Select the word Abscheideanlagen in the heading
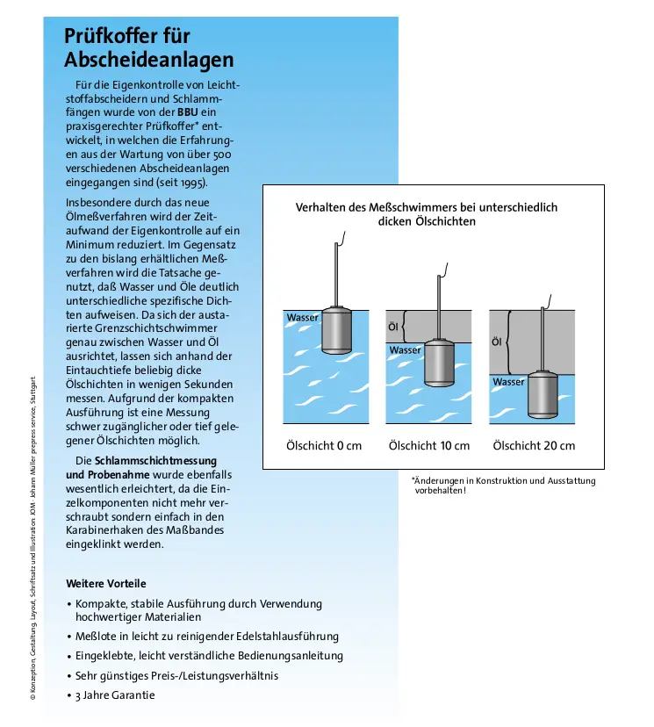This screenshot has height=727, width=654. tap(149, 60)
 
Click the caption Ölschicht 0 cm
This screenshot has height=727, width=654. tap(324, 445)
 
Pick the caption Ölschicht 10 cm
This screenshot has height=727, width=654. tap(429, 445)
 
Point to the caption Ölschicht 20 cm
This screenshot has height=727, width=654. tap(534, 445)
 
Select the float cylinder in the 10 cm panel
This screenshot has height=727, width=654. tap(440, 363)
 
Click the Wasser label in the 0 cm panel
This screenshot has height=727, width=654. tap(302, 317)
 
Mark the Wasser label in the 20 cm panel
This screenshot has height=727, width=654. tap(508, 382)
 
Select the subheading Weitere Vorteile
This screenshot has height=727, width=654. tap(106, 583)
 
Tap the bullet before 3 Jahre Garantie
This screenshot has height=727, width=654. tap(69, 695)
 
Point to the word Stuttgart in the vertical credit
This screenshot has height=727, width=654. tap(32, 387)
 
